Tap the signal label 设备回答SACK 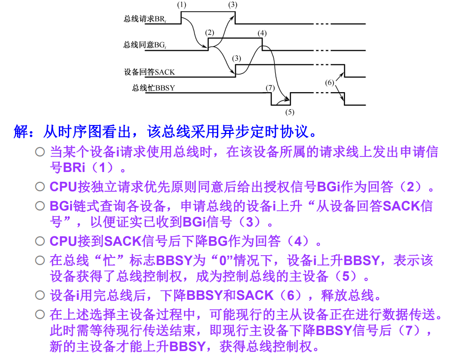click(149, 72)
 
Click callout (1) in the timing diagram click(182, 4)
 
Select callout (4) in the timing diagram click(262, 32)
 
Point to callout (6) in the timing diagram click(329, 83)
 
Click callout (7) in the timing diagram click(270, 87)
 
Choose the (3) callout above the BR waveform click(232, 4)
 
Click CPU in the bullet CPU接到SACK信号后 click(63, 242)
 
